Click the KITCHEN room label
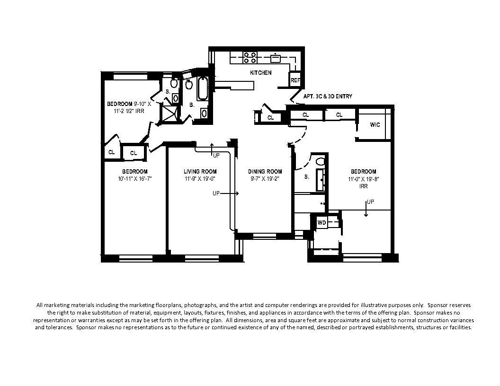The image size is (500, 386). (261, 73)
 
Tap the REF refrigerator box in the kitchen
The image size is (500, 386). (295, 81)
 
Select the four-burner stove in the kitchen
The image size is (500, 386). (250, 58)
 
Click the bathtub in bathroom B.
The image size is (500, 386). (202, 88)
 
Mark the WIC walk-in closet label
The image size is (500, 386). (375, 125)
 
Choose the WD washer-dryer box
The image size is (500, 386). (321, 222)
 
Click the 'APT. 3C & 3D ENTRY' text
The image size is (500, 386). (327, 96)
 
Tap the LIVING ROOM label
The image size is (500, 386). (200, 171)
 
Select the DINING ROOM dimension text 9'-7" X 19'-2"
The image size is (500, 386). (265, 179)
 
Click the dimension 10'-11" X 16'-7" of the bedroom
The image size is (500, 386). (135, 179)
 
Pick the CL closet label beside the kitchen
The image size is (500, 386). (270, 118)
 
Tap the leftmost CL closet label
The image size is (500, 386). (112, 152)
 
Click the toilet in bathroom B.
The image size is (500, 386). (189, 85)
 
